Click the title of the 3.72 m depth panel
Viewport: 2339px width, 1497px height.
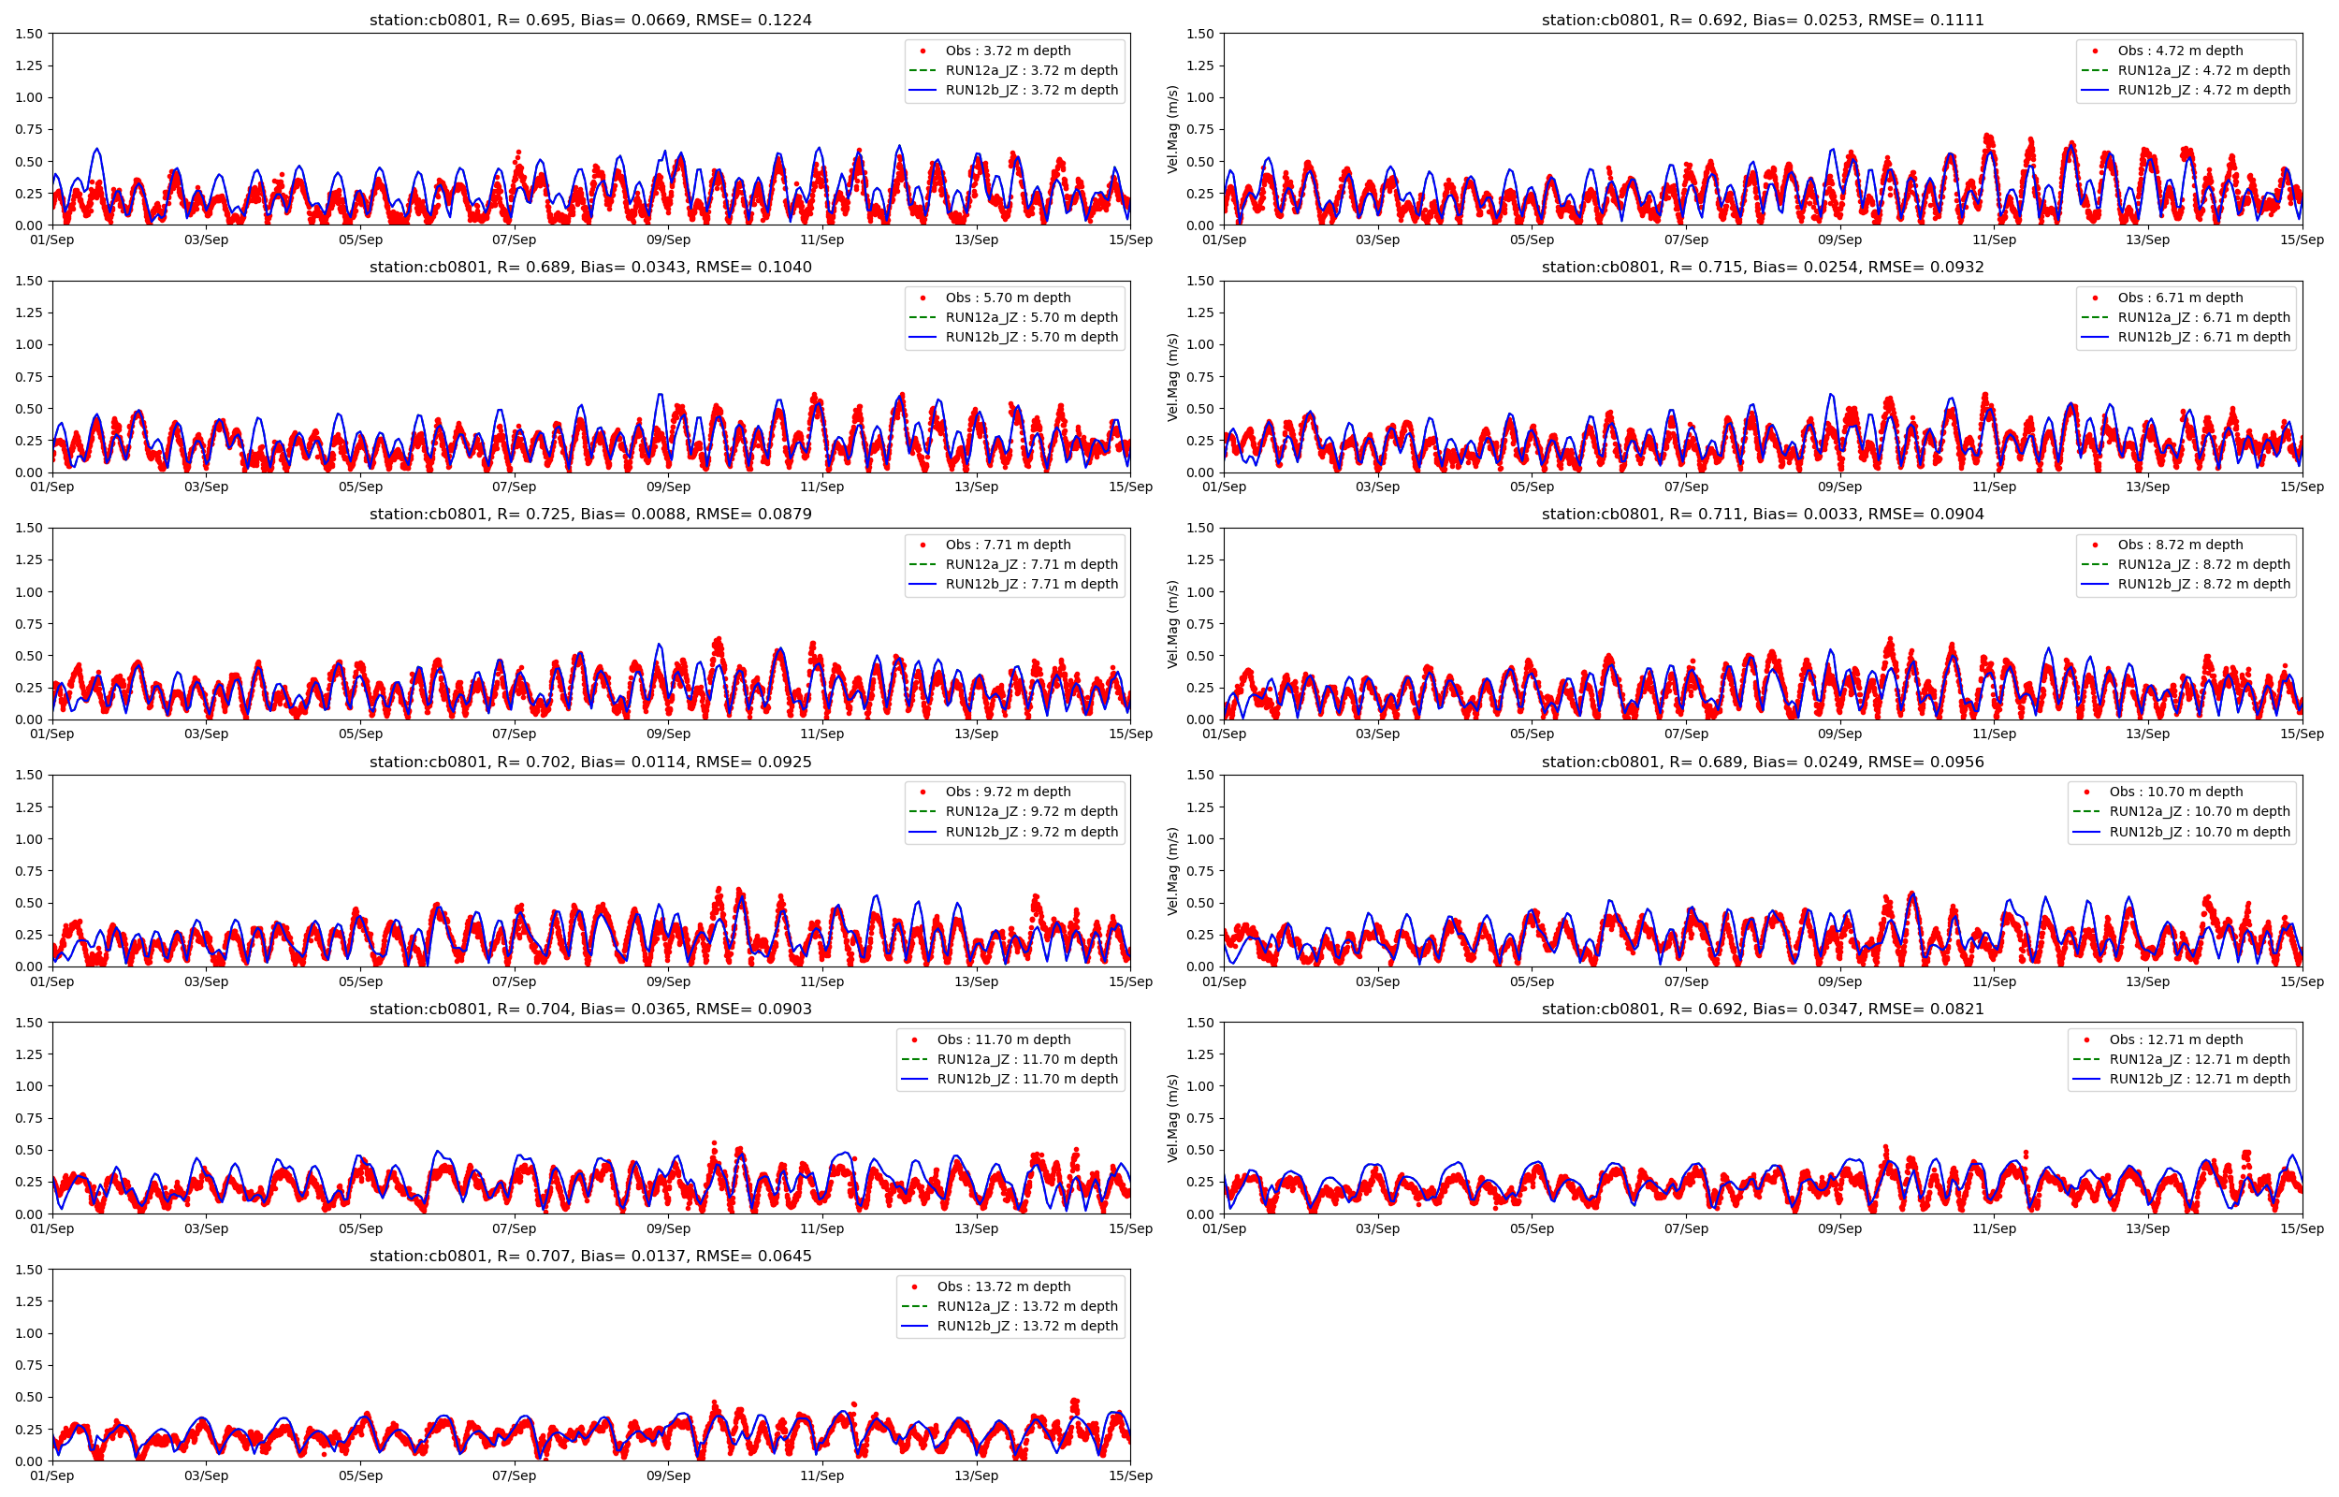click(x=589, y=20)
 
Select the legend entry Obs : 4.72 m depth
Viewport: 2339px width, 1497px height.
click(x=2180, y=51)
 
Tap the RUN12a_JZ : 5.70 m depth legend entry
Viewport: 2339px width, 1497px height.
click(x=1031, y=317)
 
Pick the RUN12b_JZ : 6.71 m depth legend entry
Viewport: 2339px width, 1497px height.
click(x=2203, y=338)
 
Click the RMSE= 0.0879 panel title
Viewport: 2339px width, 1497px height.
click(x=589, y=515)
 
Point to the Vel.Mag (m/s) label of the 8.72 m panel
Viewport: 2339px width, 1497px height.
click(x=1172, y=623)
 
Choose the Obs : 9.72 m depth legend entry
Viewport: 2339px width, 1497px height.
click(x=1008, y=792)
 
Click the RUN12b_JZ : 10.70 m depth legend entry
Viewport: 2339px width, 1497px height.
click(x=2199, y=832)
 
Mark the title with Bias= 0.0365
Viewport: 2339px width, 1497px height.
click(x=589, y=1009)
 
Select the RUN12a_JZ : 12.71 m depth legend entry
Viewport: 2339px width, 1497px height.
click(x=2199, y=1059)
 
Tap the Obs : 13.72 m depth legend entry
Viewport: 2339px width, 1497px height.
click(x=1003, y=1286)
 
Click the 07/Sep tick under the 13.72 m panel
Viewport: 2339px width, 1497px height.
click(x=513, y=1475)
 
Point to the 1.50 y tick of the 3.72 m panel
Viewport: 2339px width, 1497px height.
click(x=29, y=34)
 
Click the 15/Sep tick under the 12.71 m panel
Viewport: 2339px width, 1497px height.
click(x=2301, y=1228)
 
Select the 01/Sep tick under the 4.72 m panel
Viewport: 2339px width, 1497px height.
click(x=1224, y=240)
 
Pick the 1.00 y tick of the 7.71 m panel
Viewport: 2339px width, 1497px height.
click(x=29, y=592)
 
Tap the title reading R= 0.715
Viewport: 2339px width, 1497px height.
click(x=1762, y=268)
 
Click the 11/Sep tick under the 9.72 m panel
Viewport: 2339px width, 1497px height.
click(x=821, y=981)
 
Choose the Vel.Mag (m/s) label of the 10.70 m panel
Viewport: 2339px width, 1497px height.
click(x=1172, y=870)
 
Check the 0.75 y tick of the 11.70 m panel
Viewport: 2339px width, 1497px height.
click(x=29, y=1118)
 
